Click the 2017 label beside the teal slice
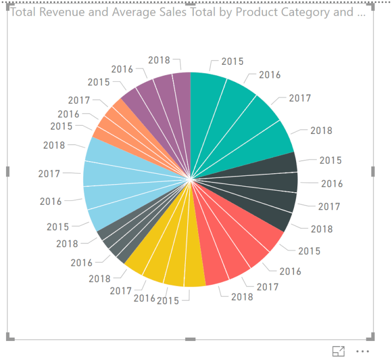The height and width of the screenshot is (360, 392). click(299, 98)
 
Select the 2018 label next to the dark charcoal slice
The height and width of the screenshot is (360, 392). click(321, 229)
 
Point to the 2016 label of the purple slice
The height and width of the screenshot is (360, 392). click(122, 69)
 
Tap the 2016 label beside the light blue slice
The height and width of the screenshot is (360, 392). click(51, 202)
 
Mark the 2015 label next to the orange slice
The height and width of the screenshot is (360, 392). click(61, 126)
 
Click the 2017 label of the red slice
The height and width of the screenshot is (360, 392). click(267, 286)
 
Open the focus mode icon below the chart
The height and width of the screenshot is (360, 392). click(338, 351)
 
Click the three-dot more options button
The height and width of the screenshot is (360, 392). click(363, 351)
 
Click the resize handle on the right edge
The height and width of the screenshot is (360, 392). click(373, 172)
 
